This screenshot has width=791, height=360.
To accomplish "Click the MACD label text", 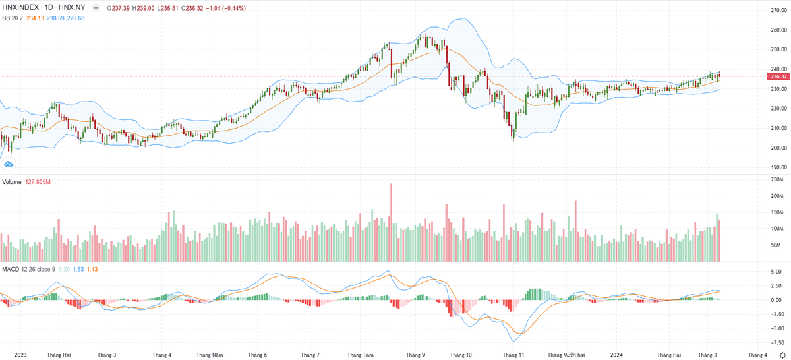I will coord(11,270).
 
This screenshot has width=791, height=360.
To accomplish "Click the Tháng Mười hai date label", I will coord(566,355).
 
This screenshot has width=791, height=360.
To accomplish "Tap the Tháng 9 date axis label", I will coord(415,355).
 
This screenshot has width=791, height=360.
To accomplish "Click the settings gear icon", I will coord(782,355).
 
